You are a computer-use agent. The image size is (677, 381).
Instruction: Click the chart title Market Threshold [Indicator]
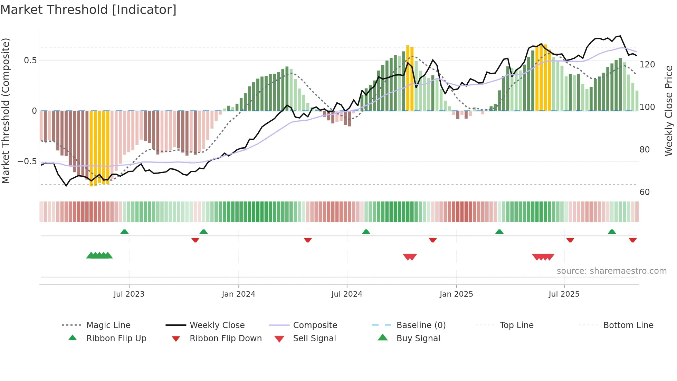[88, 10]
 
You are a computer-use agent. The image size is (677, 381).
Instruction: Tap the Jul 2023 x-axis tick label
[129, 294]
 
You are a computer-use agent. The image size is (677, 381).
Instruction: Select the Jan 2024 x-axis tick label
[238, 294]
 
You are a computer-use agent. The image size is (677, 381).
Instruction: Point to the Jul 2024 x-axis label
[347, 294]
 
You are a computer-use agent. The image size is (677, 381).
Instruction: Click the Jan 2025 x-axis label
[456, 294]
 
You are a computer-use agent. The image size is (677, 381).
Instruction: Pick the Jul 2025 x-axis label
[564, 294]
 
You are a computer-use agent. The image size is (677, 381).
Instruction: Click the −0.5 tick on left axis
[27, 161]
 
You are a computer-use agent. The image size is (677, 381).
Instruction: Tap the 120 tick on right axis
[647, 65]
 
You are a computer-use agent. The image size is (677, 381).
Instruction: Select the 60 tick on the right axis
[645, 192]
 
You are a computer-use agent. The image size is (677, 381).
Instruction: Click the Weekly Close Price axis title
[669, 111]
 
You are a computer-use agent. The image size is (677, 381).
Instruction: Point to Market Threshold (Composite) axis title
[6, 111]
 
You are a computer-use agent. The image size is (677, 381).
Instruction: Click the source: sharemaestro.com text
[611, 271]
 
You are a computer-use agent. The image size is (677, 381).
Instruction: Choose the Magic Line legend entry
[108, 325]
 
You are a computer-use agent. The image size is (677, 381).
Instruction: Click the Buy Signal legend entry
[418, 338]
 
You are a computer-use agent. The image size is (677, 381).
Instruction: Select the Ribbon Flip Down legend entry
[226, 338]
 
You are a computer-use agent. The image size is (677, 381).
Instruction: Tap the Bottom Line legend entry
[628, 325]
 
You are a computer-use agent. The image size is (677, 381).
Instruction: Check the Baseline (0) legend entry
[421, 325]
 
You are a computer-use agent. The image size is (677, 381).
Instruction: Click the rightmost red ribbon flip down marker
[632, 240]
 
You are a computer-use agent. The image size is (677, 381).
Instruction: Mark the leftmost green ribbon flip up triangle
[124, 232]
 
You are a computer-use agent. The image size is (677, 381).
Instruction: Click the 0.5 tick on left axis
[30, 61]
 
